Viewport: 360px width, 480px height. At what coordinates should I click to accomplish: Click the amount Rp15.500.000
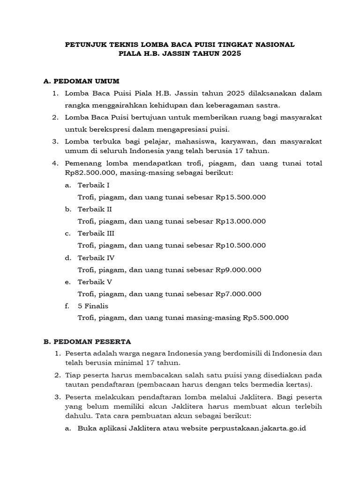click(x=240, y=197)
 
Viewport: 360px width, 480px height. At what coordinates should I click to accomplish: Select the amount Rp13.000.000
click(x=240, y=221)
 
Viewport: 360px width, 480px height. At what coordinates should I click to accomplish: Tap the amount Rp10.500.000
click(x=240, y=245)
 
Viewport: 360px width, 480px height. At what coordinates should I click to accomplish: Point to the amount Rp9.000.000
click(x=238, y=270)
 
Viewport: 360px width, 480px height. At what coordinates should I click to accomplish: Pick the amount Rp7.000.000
click(x=238, y=294)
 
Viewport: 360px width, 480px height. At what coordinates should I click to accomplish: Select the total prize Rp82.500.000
click(x=89, y=173)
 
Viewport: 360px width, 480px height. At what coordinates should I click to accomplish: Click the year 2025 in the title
click(x=230, y=54)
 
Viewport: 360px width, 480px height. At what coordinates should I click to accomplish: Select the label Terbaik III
click(x=96, y=233)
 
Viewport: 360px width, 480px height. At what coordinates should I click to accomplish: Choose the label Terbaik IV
click(x=96, y=258)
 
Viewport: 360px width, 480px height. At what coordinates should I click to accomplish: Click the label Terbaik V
click(x=95, y=282)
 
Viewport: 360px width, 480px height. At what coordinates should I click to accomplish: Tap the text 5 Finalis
click(x=93, y=306)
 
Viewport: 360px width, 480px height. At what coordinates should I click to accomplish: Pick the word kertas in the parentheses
click(x=298, y=385)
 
